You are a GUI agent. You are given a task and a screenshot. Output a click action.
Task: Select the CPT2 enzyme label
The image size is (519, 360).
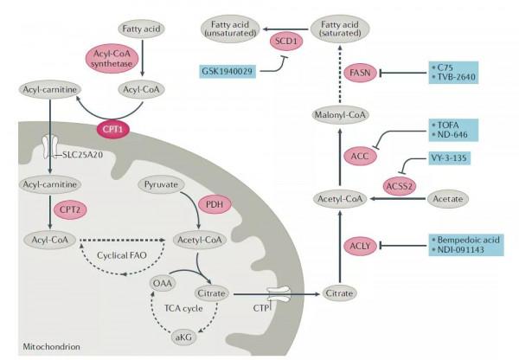click(x=68, y=210)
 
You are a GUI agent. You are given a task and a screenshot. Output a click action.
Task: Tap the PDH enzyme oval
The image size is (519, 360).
click(x=213, y=204)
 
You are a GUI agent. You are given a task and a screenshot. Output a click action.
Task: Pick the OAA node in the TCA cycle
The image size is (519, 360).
click(x=162, y=283)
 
